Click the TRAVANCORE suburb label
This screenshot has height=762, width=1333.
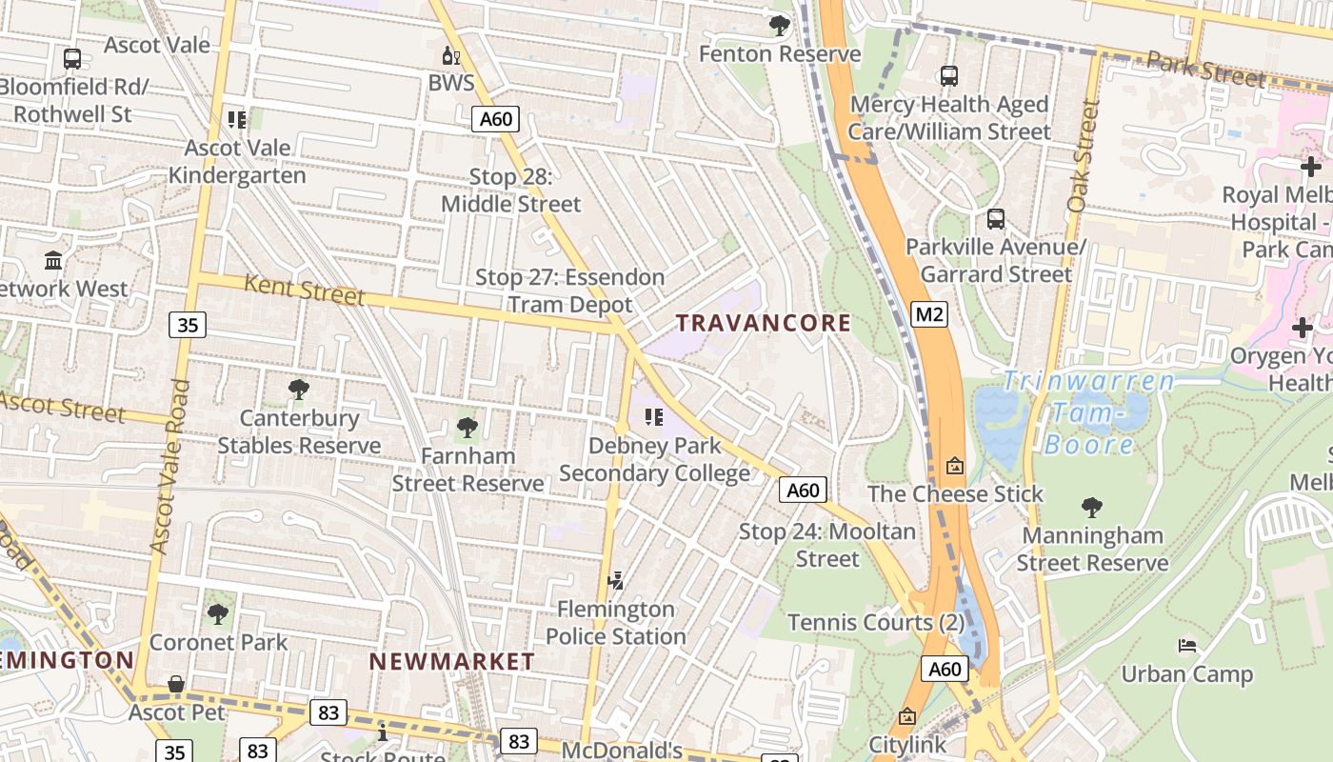point(764,323)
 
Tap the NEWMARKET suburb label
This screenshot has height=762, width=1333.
point(451,661)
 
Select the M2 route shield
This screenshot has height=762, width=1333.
point(929,313)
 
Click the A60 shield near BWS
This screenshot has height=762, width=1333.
point(495,119)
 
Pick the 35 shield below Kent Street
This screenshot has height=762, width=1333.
point(188,325)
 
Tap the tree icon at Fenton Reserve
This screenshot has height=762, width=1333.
point(780,26)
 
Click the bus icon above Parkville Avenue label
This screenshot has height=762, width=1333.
point(996,219)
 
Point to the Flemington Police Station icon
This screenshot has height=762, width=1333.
point(616,580)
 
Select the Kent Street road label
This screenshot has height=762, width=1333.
point(304,289)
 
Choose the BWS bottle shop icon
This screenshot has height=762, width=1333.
point(450,55)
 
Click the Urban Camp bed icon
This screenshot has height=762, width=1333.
point(1186,646)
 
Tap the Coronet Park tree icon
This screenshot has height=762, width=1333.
point(218,613)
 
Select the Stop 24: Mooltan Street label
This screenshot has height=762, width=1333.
point(827,545)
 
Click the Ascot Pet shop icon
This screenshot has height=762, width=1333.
point(176,684)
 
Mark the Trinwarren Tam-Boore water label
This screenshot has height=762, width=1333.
point(1088,412)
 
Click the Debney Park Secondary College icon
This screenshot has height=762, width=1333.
point(653,416)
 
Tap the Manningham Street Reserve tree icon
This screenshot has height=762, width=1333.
point(1091,507)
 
